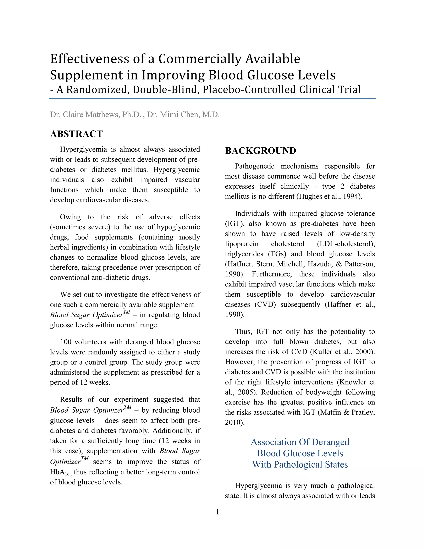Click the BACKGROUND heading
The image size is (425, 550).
tap(260, 151)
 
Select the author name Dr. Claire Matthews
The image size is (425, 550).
tap(84, 115)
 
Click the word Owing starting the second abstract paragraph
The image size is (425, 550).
tap(71, 217)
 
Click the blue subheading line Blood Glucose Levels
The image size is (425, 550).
tap(300, 453)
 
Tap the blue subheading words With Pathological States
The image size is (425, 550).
tap(300, 464)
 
